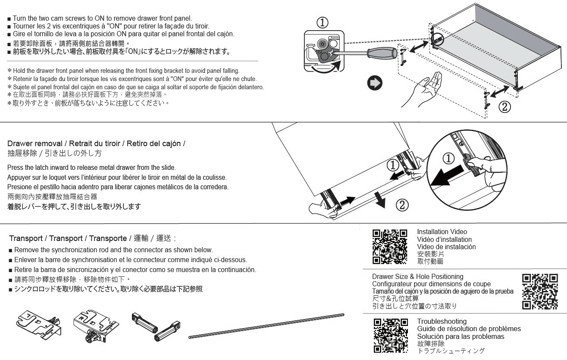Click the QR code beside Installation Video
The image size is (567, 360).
click(x=390, y=247)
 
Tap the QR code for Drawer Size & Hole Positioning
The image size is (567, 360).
click(x=539, y=291)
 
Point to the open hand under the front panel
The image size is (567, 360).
click(x=424, y=89)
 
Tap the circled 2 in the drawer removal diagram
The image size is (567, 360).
click(x=401, y=205)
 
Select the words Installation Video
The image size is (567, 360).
click(x=442, y=232)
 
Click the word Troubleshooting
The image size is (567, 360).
click(x=442, y=322)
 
